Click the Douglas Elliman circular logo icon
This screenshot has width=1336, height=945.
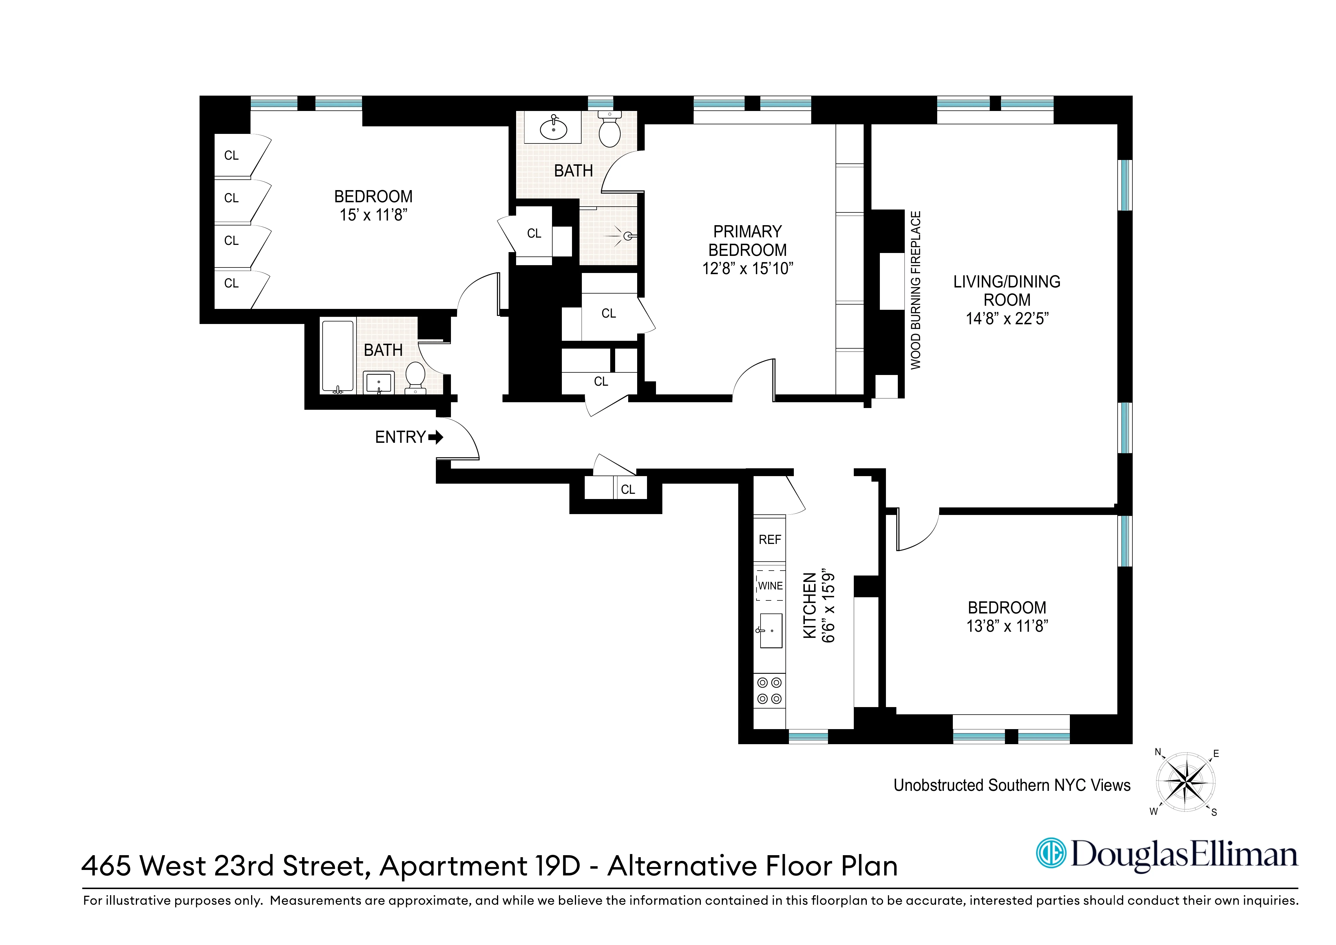tap(1051, 854)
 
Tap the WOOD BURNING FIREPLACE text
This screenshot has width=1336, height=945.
tap(916, 290)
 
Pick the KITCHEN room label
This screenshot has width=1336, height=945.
tap(809, 606)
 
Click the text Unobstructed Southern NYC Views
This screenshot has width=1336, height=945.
tap(1011, 785)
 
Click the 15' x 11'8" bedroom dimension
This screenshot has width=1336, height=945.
tap(373, 215)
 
